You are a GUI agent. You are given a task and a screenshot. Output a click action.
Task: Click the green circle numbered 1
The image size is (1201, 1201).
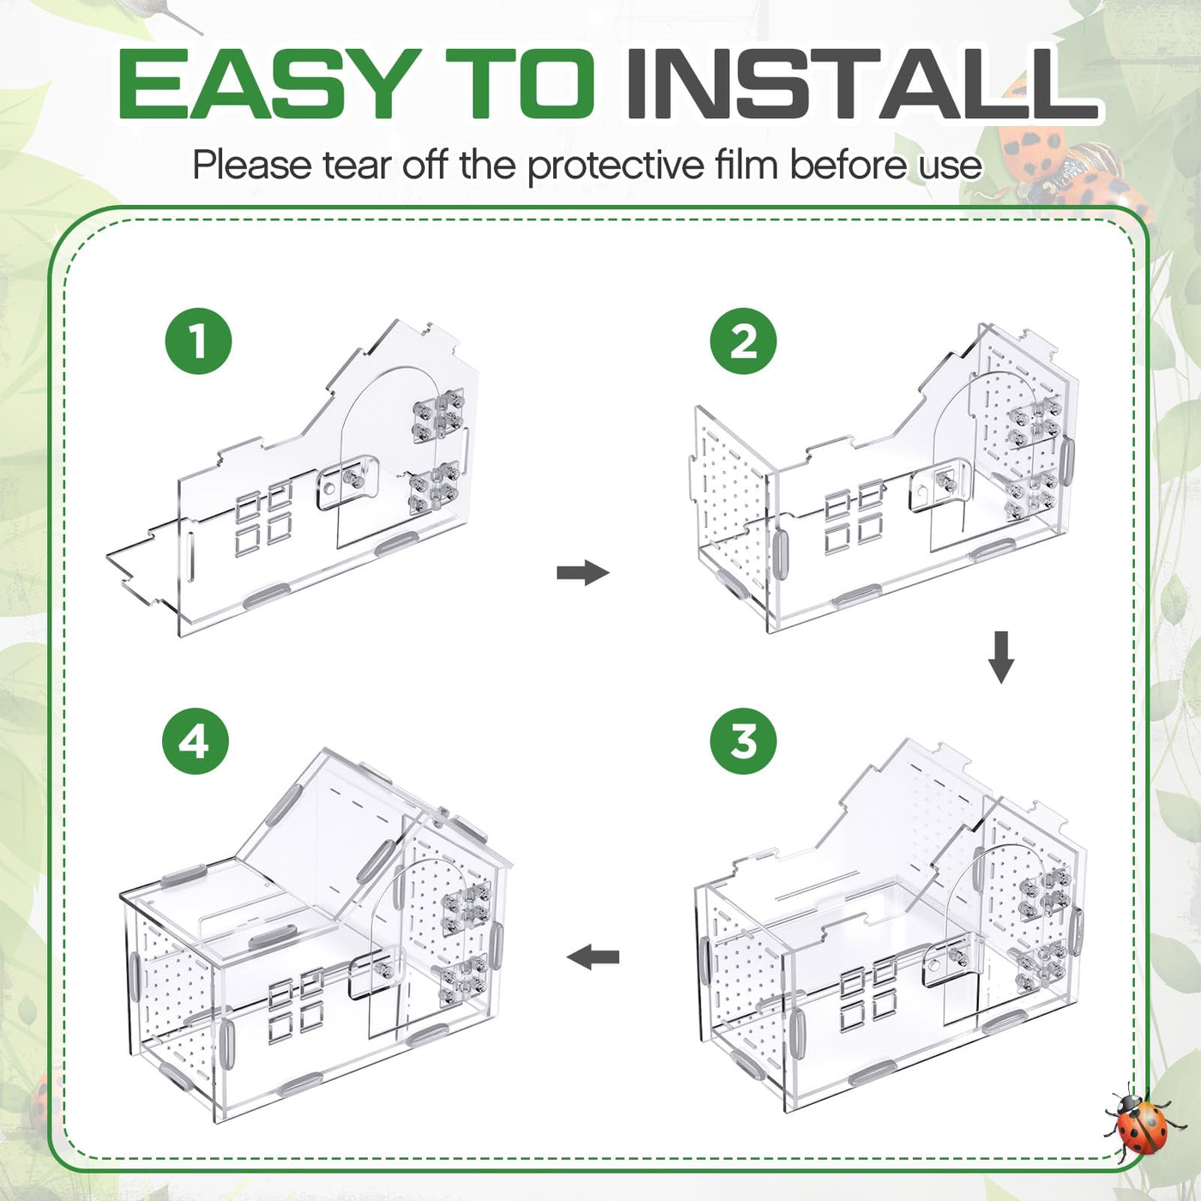tap(198, 341)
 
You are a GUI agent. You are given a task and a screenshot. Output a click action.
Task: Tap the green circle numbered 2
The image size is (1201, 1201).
tap(744, 341)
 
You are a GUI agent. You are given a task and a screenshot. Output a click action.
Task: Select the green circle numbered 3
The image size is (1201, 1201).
tap(744, 742)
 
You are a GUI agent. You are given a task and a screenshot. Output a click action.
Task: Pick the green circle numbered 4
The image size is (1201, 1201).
tap(195, 742)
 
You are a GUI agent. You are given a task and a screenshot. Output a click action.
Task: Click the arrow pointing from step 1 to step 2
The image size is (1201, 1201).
tap(582, 572)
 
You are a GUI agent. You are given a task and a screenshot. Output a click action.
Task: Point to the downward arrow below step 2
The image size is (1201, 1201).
tap(1001, 657)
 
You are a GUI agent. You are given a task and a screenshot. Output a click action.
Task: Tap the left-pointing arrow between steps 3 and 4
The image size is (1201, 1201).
tap(593, 957)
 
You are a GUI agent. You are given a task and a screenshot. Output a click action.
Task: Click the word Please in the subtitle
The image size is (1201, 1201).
tap(251, 165)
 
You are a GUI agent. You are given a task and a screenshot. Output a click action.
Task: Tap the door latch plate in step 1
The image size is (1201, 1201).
tap(347, 482)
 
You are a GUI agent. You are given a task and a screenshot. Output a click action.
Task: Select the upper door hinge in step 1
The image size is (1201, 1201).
tap(438, 415)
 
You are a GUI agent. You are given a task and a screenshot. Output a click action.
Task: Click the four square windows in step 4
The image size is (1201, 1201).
tap(295, 1004)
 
